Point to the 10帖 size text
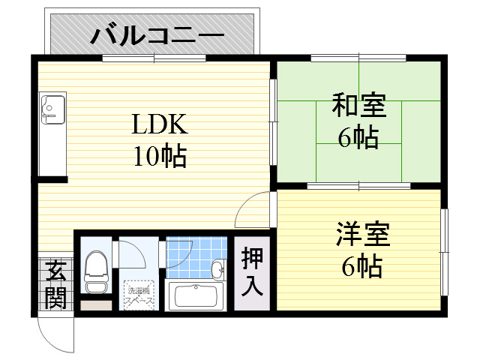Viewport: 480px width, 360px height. (160, 157)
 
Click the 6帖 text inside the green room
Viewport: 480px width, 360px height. (358, 138)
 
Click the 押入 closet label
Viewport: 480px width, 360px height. (252, 271)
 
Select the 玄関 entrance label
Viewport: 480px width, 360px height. (54, 283)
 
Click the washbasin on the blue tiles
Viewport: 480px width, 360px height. (217, 269)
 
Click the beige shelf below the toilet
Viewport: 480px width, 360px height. (94, 305)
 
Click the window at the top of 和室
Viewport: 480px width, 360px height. (358, 58)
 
